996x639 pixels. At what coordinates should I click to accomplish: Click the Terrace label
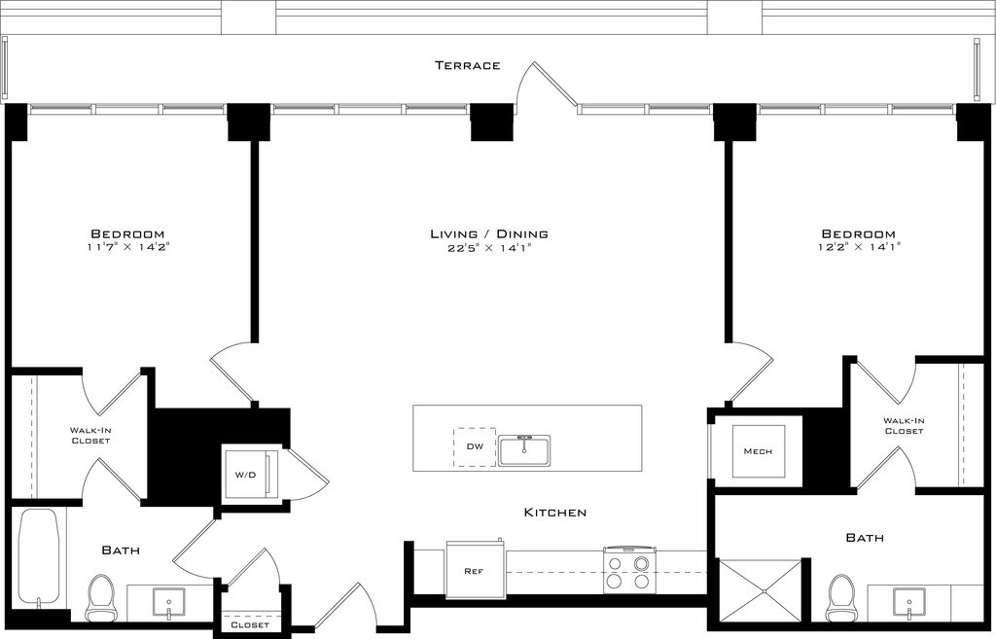pyautogui.click(x=468, y=65)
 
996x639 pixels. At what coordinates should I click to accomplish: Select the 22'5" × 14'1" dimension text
pyautogui.click(x=489, y=248)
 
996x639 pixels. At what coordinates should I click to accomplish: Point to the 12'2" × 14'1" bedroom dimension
pyautogui.click(x=859, y=247)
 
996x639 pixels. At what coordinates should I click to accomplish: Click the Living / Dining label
pyautogui.click(x=489, y=233)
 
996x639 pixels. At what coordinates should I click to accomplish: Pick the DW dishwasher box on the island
pyautogui.click(x=475, y=447)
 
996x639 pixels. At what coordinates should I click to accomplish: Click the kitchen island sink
pyautogui.click(x=524, y=450)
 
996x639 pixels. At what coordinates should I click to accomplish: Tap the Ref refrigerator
pyautogui.click(x=476, y=570)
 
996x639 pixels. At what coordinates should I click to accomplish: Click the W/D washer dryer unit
pyautogui.click(x=250, y=475)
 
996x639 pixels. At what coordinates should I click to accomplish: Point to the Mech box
pyautogui.click(x=759, y=451)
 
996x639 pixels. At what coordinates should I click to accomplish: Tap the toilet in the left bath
pyautogui.click(x=99, y=598)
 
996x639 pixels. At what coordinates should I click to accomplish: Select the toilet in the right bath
pyautogui.click(x=841, y=598)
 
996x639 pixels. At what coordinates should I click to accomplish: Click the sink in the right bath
pyautogui.click(x=909, y=604)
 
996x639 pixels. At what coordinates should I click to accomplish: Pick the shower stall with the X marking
pyautogui.click(x=760, y=590)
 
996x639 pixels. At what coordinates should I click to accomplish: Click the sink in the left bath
pyautogui.click(x=169, y=604)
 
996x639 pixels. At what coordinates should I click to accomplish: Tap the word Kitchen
pyautogui.click(x=555, y=512)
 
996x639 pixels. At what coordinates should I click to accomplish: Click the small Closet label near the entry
pyautogui.click(x=250, y=625)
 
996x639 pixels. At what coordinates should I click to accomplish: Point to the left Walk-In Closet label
pyautogui.click(x=90, y=436)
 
